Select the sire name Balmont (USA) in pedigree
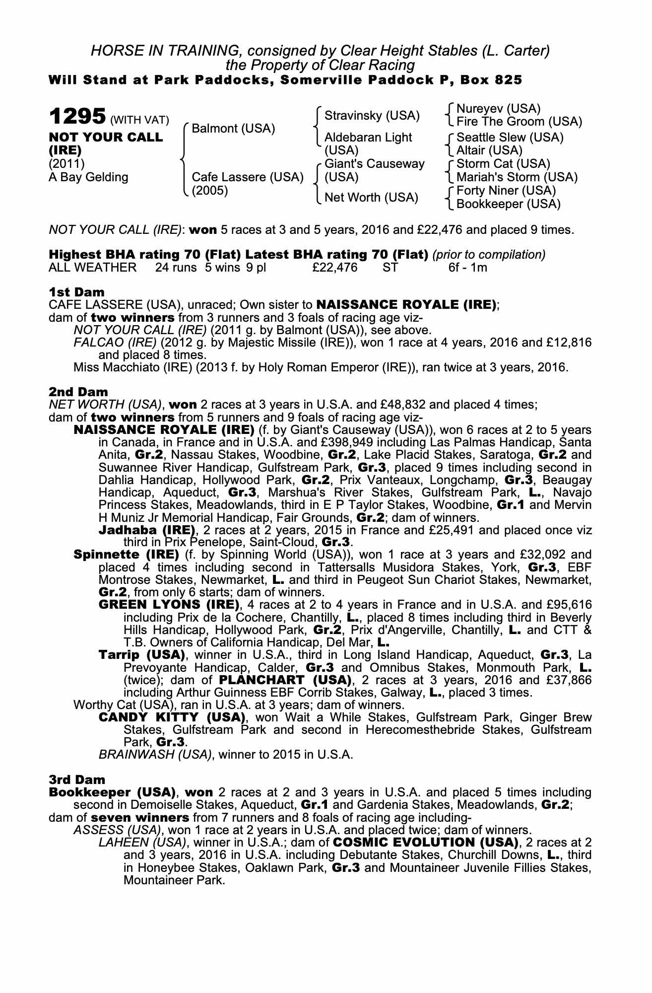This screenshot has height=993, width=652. tap(233, 129)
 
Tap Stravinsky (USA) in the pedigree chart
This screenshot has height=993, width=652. tap(372, 116)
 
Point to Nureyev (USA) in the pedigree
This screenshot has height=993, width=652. tap(498, 109)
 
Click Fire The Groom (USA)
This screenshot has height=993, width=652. tap(519, 122)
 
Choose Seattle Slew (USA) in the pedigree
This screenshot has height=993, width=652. tap(510, 137)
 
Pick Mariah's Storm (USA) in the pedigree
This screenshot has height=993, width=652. tap(517, 177)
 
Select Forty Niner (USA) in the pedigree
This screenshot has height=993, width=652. tap(506, 191)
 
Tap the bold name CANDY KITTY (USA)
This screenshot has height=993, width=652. tap(172, 717)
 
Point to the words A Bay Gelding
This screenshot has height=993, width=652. tap(88, 177)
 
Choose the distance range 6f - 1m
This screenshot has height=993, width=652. tap(467, 268)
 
